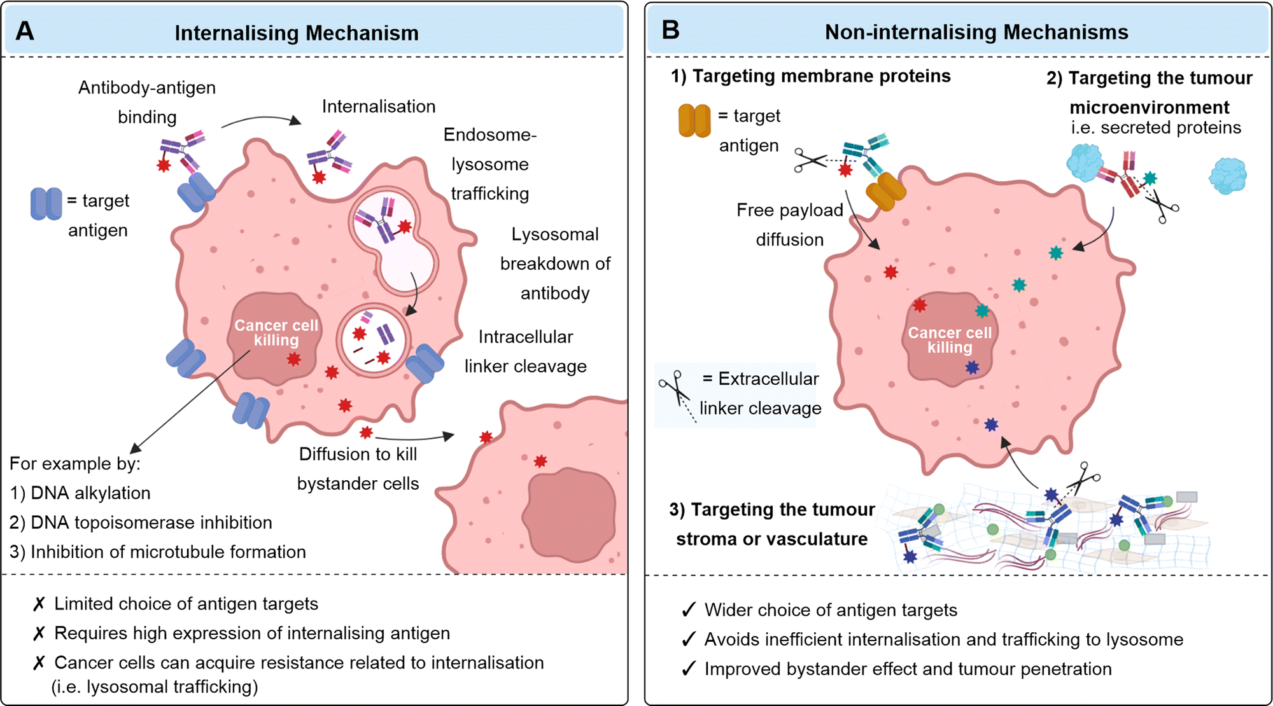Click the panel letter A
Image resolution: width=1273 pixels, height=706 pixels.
(x=25, y=31)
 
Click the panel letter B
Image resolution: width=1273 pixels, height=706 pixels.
(x=671, y=30)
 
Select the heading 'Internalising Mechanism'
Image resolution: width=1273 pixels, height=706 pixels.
(x=297, y=33)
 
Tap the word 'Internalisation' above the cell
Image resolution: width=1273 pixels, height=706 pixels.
(x=379, y=106)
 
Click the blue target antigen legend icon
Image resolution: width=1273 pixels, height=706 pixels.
(x=46, y=204)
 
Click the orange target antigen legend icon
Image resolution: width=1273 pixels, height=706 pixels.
(x=694, y=121)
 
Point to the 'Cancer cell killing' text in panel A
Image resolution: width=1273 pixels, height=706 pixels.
(x=276, y=333)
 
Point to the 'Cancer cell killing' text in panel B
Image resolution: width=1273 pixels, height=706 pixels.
(x=950, y=340)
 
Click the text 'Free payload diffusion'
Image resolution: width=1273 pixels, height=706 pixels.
(x=790, y=225)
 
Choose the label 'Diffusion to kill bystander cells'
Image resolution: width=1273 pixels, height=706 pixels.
(x=358, y=469)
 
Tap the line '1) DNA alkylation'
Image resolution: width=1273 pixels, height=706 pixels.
(x=80, y=493)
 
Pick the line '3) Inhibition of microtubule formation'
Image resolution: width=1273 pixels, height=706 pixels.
(x=157, y=551)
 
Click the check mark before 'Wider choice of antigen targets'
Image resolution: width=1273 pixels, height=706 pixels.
(x=688, y=610)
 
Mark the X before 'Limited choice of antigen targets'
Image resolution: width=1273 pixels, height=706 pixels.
(x=39, y=604)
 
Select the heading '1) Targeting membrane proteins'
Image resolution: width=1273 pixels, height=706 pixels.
(x=810, y=76)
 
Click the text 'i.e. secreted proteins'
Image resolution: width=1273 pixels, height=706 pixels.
(x=1156, y=127)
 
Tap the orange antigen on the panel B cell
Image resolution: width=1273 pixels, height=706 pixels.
(x=885, y=191)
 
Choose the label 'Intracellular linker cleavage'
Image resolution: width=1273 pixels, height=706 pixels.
(x=525, y=351)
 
